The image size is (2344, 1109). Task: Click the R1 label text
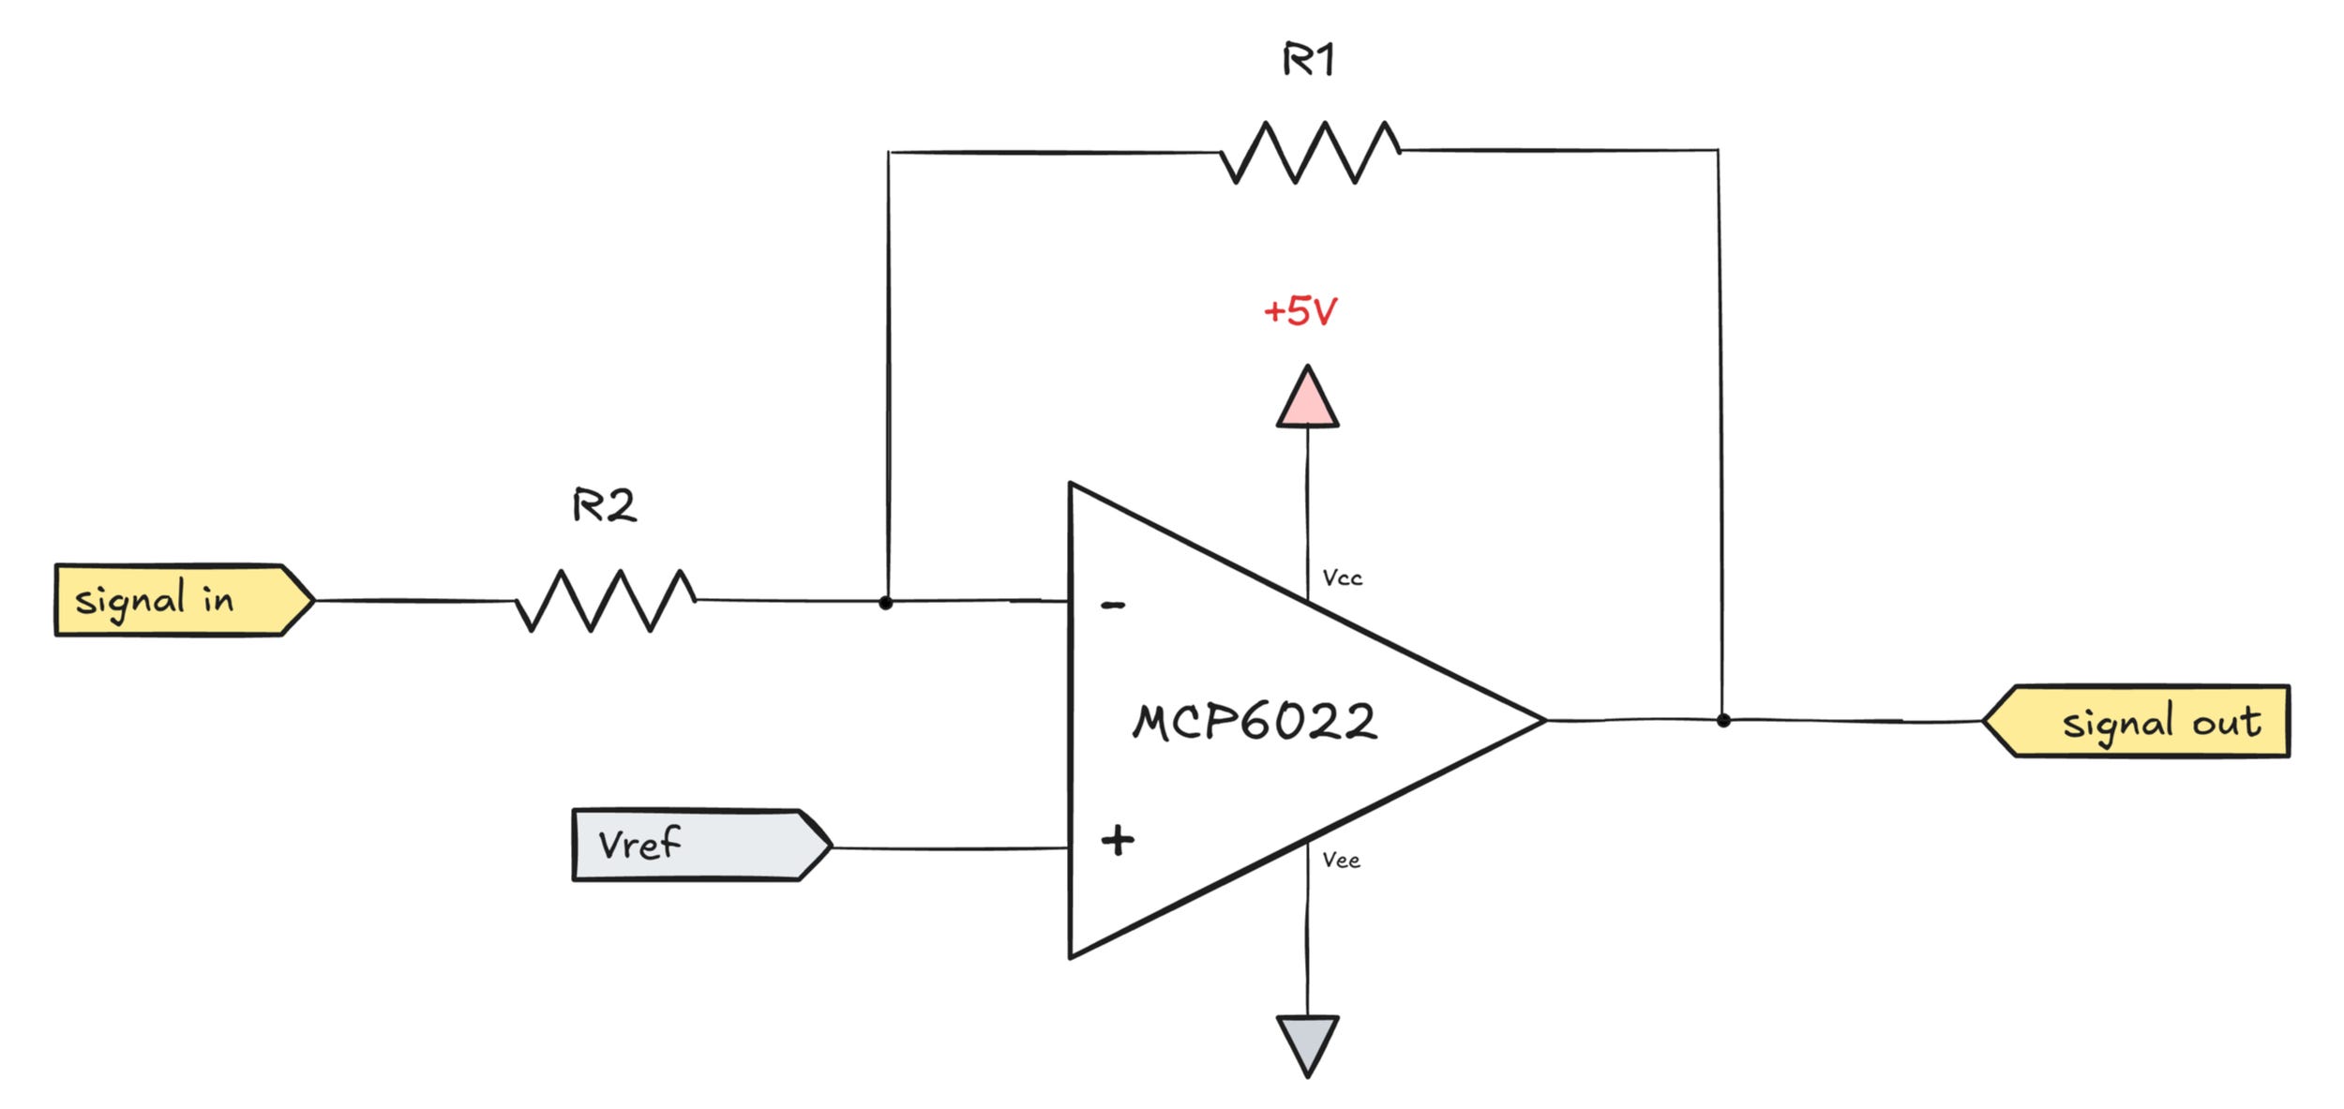pos(1308,60)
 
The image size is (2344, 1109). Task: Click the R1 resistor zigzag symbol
pos(1310,152)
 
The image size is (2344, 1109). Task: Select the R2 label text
pos(604,506)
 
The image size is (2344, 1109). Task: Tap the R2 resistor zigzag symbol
pos(606,600)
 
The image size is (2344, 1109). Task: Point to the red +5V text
pos(1300,311)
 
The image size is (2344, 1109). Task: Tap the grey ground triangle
pos(1307,1040)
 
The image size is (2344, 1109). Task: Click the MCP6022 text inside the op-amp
pos(1255,722)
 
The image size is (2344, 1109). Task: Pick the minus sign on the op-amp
pos(1113,606)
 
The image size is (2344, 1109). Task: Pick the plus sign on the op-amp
pos(1117,840)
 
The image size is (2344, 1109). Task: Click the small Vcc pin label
pos(1342,578)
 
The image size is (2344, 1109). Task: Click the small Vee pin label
pos(1341,860)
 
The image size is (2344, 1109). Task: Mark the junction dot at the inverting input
pos(885,603)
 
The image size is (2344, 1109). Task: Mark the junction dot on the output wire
pos(1723,720)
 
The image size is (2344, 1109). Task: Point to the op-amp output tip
pos(1542,720)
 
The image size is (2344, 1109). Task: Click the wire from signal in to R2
pos(413,600)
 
